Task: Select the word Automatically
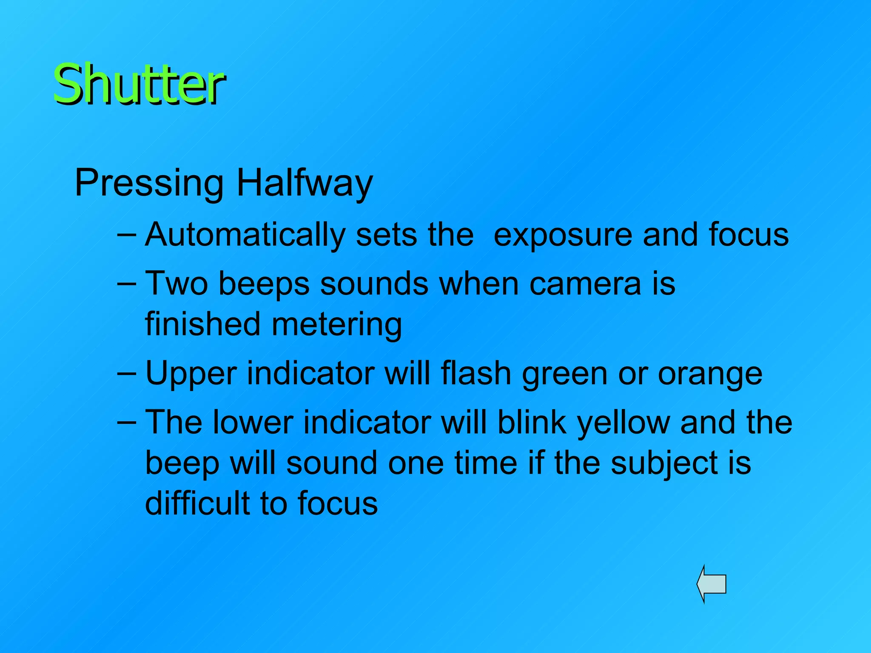click(x=245, y=235)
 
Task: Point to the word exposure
click(x=563, y=235)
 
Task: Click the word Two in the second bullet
click(x=176, y=284)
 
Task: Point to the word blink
click(x=532, y=423)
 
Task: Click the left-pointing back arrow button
click(x=712, y=584)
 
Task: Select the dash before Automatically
click(x=126, y=235)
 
